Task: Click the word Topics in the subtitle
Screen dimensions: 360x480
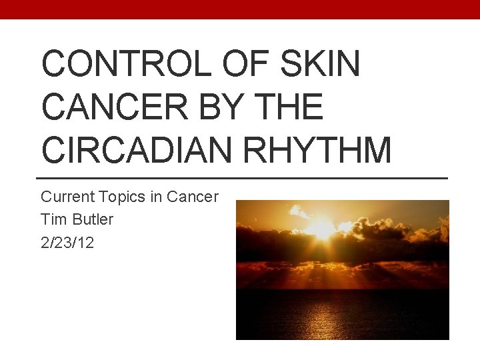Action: coord(120,197)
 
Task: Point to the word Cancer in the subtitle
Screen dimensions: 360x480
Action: coord(192,197)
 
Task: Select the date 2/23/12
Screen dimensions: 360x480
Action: coord(67,243)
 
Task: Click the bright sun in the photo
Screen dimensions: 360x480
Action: coord(321,228)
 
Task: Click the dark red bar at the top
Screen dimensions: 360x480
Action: coord(240,9)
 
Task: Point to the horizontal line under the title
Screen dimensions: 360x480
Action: coord(240,178)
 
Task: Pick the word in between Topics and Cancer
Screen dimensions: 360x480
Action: coord(155,197)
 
